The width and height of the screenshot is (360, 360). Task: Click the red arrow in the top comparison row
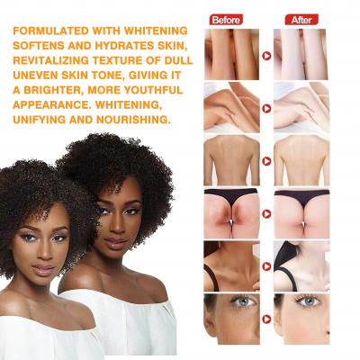(266, 55)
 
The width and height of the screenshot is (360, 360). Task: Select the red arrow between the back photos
(266, 160)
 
